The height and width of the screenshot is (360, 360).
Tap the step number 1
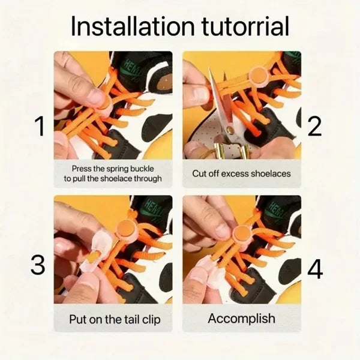click(40, 127)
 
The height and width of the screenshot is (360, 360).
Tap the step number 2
click(315, 127)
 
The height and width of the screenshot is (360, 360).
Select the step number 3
click(38, 265)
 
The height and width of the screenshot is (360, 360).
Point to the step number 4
click(315, 270)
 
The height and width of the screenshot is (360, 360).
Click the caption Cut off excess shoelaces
click(241, 174)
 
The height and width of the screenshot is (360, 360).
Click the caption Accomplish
click(241, 318)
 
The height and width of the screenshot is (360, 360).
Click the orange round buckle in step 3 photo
click(125, 229)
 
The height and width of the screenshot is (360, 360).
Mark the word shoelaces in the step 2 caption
click(269, 174)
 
